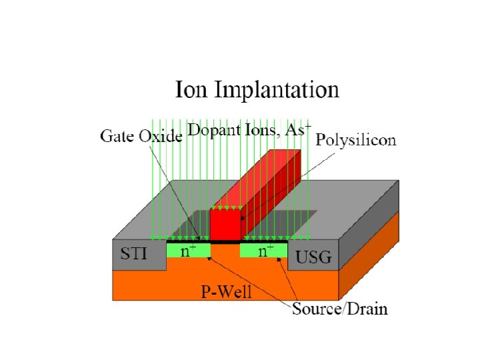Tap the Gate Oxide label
[x=141, y=137]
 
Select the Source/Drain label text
[x=339, y=309]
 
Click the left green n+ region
[x=188, y=251]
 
